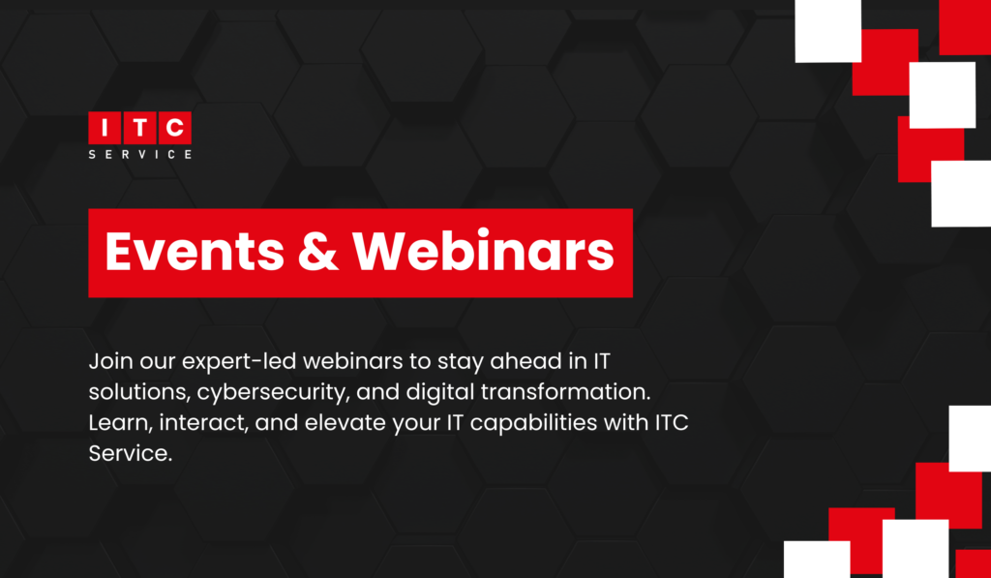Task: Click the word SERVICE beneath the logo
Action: pos(139,153)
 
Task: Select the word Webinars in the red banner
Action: pos(482,253)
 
